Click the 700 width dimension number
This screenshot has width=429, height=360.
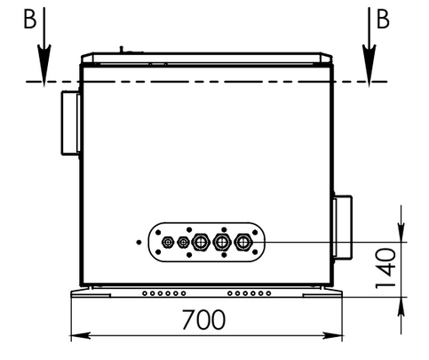[203, 320]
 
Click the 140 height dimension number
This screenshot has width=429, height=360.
[385, 268]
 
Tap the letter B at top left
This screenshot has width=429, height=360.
[30, 20]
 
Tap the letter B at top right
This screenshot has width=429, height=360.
[383, 20]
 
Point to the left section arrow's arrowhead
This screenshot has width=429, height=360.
[44, 65]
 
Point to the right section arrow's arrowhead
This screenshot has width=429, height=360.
[369, 65]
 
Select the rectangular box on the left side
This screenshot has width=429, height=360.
[71, 123]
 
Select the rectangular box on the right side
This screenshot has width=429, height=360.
[343, 227]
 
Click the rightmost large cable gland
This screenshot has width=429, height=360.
[243, 242]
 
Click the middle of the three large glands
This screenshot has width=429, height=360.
[221, 242]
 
